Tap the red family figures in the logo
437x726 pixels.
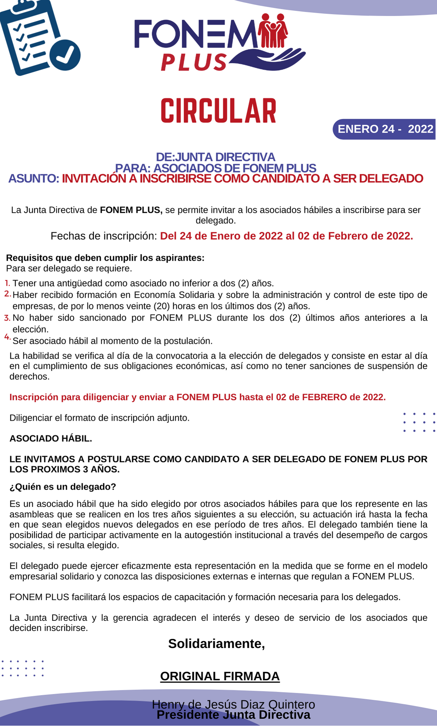click(x=273, y=31)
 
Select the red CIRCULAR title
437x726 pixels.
click(x=218, y=111)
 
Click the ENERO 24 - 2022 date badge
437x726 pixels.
click(x=385, y=129)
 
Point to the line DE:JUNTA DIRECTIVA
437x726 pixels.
click(x=216, y=157)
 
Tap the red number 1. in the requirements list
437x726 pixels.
click(x=8, y=282)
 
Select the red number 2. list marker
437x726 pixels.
click(x=8, y=294)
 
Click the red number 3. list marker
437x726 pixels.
click(x=8, y=318)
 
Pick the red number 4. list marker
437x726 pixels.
click(x=8, y=337)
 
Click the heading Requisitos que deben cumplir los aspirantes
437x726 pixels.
click(x=105, y=258)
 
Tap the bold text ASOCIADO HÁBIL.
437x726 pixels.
click(x=51, y=439)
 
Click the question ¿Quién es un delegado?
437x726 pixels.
click(x=63, y=487)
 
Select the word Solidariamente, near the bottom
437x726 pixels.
click(x=217, y=644)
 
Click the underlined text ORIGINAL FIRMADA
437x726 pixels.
click(x=220, y=676)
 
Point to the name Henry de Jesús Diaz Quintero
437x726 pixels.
click(x=233, y=704)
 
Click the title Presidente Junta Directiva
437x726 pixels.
click(x=233, y=715)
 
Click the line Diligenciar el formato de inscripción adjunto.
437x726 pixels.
click(x=99, y=418)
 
